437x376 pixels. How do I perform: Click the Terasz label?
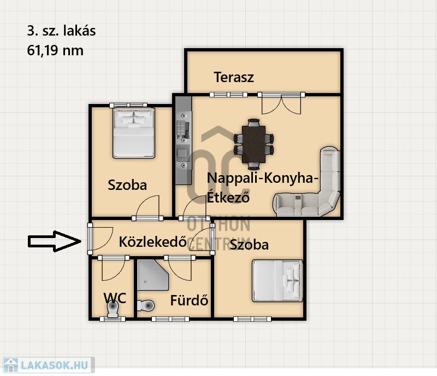point(234,77)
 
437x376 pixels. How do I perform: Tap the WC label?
point(115,298)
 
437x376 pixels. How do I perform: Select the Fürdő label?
point(189,300)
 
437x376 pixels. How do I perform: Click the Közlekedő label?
point(153,241)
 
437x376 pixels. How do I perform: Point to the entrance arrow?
point(54,241)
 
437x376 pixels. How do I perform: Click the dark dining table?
point(253,144)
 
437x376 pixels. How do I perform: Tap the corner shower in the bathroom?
point(153,275)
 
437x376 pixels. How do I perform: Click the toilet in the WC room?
point(113,309)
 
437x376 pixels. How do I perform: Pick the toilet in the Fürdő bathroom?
point(146,305)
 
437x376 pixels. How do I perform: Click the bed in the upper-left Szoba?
point(134,132)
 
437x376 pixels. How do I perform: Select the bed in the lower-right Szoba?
point(277,281)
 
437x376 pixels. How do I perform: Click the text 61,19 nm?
point(55,50)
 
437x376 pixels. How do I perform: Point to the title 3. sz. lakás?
point(61,31)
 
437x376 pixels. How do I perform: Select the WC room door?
point(113,268)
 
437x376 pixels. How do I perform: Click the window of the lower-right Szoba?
point(252,319)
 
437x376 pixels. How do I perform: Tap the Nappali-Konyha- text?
point(263,178)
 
